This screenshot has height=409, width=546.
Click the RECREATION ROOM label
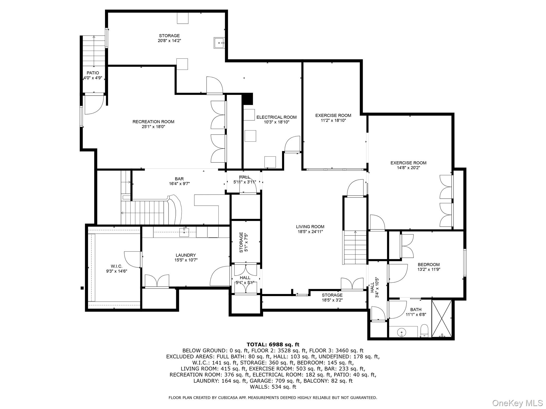point(153,122)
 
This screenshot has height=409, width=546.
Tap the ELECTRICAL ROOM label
point(276,117)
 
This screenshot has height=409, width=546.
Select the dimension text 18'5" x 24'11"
point(310,232)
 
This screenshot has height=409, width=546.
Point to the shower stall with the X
point(441,318)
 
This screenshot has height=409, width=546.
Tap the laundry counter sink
point(184,232)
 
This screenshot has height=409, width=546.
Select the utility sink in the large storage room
point(219,43)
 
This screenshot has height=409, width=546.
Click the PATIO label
point(93,73)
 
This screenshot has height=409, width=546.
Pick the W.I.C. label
point(117,266)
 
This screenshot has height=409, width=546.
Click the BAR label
point(179,179)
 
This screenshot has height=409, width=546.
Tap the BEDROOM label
point(428,264)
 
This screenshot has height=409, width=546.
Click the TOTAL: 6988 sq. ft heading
point(273,345)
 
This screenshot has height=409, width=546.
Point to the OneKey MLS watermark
point(517,403)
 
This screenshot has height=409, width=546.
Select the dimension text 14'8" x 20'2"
point(408,168)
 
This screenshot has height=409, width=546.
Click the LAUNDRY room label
point(186,255)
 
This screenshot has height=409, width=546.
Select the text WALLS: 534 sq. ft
point(273,387)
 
